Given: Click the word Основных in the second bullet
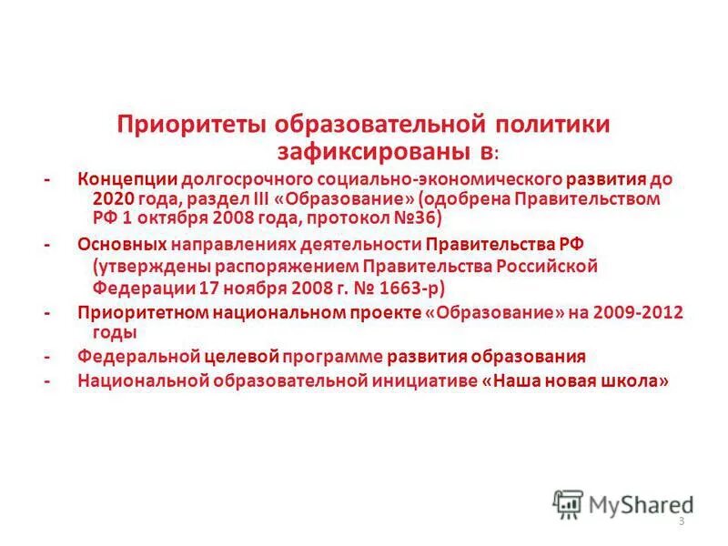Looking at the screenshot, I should tap(121, 244).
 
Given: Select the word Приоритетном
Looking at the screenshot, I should tap(142, 313).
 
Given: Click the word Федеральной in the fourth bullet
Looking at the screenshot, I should tap(133, 357).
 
